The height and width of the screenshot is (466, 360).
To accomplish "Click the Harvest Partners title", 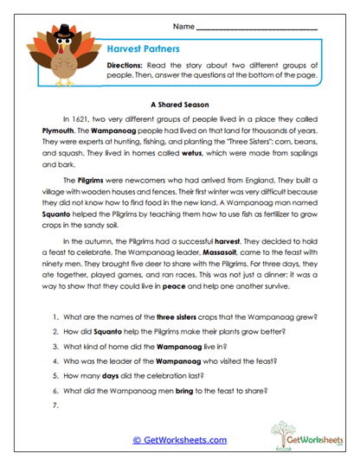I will coord(143,50).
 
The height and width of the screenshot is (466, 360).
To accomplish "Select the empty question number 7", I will coord(55,405).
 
